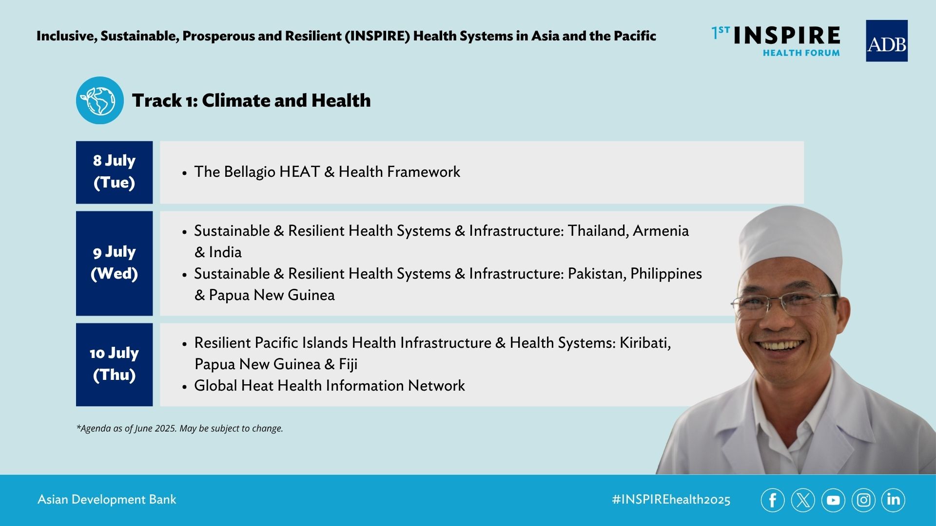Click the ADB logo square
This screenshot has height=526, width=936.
point(886,41)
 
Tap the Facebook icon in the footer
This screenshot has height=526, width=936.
point(773,500)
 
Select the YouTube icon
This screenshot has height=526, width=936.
point(833,500)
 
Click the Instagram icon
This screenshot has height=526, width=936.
point(863,500)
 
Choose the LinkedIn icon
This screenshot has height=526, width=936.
point(893,500)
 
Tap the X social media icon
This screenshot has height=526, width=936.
point(803,500)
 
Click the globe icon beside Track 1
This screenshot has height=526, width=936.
point(100,100)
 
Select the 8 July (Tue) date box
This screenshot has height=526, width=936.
point(114,172)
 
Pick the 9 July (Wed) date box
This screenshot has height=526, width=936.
point(114,263)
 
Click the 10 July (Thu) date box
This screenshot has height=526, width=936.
point(114,364)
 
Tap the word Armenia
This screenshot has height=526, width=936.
point(661,231)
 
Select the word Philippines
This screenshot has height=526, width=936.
point(666,274)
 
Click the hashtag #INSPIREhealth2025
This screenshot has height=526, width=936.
point(671,500)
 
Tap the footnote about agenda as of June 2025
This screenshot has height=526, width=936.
point(179,429)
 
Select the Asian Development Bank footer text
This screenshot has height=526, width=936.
point(107,500)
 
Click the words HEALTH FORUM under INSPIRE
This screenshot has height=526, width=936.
point(801,53)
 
